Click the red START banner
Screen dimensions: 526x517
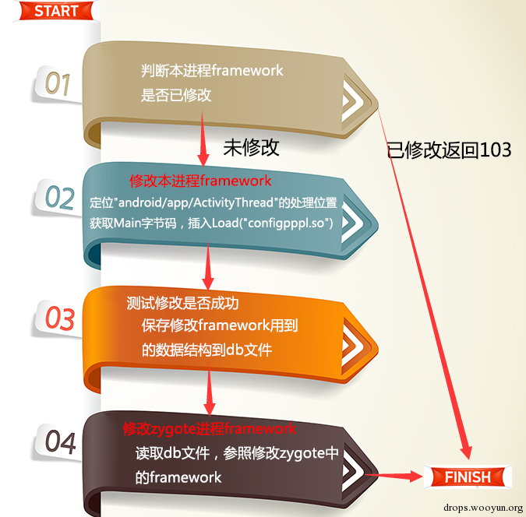[56, 11]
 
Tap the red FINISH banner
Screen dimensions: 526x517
[468, 477]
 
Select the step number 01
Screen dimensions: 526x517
[58, 84]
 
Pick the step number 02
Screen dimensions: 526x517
[59, 198]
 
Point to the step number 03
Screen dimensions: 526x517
[60, 318]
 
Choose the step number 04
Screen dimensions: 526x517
[60, 442]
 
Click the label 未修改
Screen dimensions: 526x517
[251, 147]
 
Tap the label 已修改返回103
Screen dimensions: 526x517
[449, 149]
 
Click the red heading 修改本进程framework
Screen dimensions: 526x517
[200, 181]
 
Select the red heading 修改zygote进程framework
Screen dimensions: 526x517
[209, 428]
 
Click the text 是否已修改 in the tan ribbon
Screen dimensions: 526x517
[176, 95]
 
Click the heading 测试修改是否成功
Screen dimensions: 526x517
[182, 303]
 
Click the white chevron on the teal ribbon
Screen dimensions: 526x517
[352, 222]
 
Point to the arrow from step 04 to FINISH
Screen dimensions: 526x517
[394, 476]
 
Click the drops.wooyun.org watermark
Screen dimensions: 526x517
[483, 508]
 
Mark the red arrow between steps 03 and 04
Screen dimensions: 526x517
[209, 389]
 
